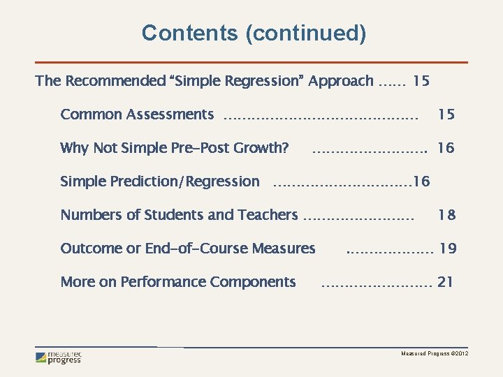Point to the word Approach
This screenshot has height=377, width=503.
(x=341, y=81)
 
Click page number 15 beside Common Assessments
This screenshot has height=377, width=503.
(x=446, y=114)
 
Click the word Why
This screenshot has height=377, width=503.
(x=73, y=148)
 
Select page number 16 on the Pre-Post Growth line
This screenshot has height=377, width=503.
(x=446, y=148)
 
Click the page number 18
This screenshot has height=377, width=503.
(x=446, y=215)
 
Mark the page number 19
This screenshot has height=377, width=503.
(x=448, y=249)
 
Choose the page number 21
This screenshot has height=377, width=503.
(x=445, y=282)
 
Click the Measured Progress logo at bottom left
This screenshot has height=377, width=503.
(x=59, y=357)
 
